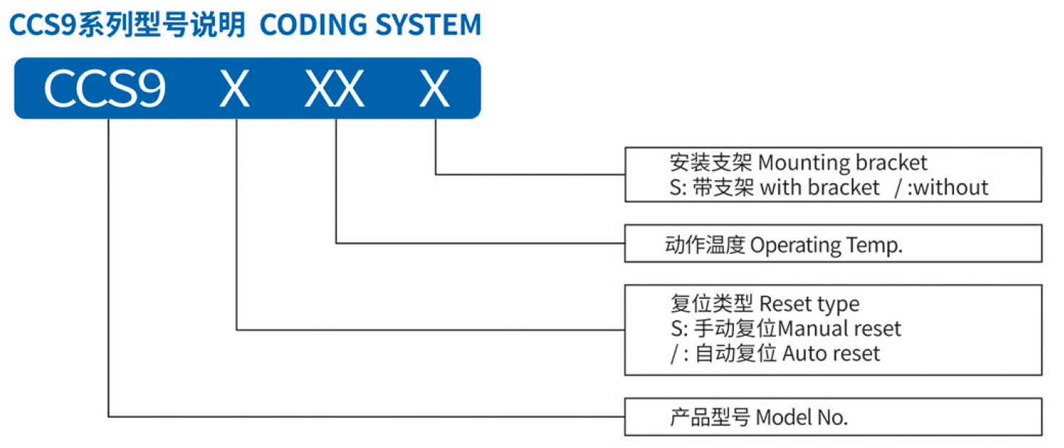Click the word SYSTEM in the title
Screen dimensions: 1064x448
(428, 25)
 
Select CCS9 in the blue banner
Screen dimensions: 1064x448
(104, 88)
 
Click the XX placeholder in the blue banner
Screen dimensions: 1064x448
(334, 88)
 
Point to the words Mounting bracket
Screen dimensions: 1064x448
(843, 163)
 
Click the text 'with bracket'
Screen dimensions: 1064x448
(820, 187)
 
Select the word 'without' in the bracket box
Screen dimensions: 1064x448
(951, 187)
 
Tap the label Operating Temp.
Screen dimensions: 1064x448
(826, 245)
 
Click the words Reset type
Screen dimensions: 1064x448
(809, 304)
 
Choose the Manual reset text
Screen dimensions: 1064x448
(840, 329)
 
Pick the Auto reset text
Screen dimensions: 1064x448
(831, 354)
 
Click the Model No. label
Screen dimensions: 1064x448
(802, 418)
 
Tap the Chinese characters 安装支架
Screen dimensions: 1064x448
(711, 163)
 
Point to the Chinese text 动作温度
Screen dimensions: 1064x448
(704, 245)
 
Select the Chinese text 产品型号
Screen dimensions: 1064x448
(709, 418)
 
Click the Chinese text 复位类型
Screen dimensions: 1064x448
(712, 304)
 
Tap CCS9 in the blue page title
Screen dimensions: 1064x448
(43, 25)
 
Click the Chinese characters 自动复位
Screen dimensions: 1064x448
(736, 354)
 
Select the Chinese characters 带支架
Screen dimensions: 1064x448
(723, 187)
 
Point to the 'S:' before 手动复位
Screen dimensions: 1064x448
(679, 329)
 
